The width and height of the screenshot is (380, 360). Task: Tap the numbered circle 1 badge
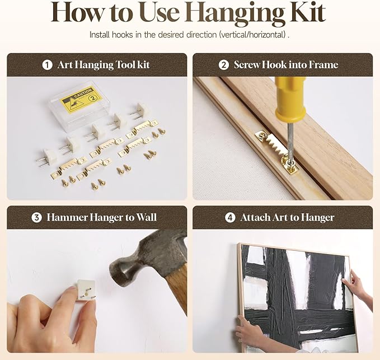(x=47, y=65)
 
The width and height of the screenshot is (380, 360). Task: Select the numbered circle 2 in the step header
(x=224, y=65)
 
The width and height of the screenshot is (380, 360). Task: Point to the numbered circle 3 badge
(x=36, y=217)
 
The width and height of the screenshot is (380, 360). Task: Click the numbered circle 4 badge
(x=230, y=217)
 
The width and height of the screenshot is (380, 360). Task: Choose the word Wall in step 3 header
(x=147, y=217)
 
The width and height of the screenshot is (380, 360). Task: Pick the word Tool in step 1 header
(x=125, y=65)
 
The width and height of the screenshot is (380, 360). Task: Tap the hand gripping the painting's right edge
(x=358, y=287)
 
